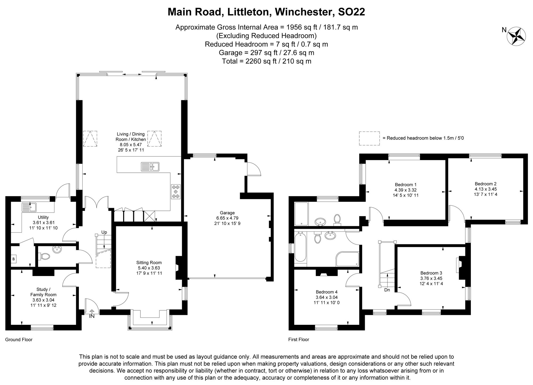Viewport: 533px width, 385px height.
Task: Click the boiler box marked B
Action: pyautogui.click(x=14, y=258)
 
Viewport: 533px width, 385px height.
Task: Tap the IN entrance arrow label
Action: pyautogui.click(x=92, y=316)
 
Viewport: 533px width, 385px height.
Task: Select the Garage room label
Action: pyautogui.click(x=227, y=213)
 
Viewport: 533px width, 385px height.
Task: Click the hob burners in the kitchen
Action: pyautogui.click(x=175, y=192)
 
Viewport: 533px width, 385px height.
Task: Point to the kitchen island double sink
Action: pyautogui.click(x=150, y=167)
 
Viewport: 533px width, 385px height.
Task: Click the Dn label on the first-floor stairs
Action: pyautogui.click(x=387, y=290)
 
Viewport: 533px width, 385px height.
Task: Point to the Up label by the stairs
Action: pyautogui.click(x=104, y=232)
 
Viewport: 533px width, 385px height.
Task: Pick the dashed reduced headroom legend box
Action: pyautogui.click(x=369, y=138)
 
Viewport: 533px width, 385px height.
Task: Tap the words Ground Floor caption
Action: pyautogui.click(x=19, y=340)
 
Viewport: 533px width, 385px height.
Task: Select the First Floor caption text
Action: pyautogui.click(x=298, y=340)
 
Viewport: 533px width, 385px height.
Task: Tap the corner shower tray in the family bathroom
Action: pyautogui.click(x=347, y=259)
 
